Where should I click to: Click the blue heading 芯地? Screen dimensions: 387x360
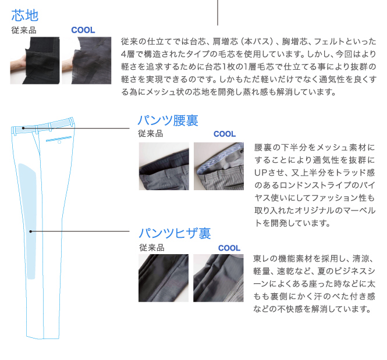pos(24,15)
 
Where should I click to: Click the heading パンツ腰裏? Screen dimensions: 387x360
pos(168,120)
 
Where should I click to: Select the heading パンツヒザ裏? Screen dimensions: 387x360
pos(175,233)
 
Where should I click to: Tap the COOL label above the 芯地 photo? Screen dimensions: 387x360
pos(83,30)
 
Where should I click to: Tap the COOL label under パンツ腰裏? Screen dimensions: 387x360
pos(225,134)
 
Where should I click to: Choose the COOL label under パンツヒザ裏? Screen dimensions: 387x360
pos(229,248)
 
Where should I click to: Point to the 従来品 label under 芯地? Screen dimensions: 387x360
pos(24,30)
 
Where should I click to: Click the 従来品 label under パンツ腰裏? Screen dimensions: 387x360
pos(151,134)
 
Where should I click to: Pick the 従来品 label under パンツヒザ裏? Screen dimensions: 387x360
pos(152,248)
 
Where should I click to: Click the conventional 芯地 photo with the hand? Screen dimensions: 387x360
pos(35,60)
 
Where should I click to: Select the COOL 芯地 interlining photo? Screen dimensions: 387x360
pos(86,60)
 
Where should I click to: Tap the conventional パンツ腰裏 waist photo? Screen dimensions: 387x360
pos(164,166)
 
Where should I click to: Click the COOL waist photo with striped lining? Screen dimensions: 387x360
pos(219,166)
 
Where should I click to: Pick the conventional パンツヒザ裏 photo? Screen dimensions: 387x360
pos(164,278)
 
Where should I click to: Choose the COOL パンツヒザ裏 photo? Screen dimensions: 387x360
pos(218,278)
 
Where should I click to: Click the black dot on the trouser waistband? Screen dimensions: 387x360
pos(23,128)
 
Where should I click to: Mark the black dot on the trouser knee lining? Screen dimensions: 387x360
pos(31,231)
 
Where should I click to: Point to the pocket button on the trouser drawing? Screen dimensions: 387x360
pos(59,142)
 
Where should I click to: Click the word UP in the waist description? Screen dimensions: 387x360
pos(260,173)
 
